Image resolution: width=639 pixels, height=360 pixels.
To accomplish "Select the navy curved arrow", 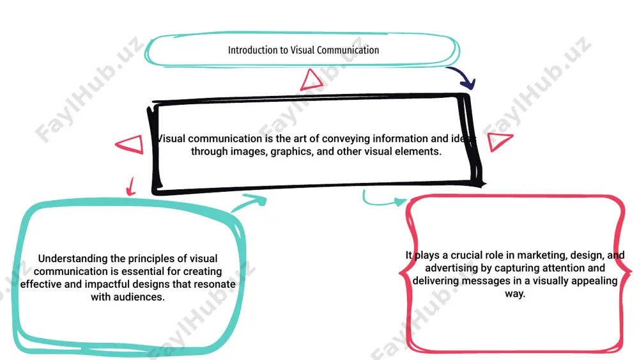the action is (461, 77).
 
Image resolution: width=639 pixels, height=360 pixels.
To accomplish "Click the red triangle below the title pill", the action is (312, 79).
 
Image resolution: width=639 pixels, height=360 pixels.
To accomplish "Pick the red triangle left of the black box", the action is (130, 145).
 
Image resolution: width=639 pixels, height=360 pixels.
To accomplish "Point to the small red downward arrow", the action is (130, 187).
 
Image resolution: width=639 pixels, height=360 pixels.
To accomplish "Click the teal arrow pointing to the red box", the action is (382, 199).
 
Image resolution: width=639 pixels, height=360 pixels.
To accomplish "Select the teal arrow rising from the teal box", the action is (249, 203).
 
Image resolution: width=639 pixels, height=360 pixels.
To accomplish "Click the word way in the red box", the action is (515, 294).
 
